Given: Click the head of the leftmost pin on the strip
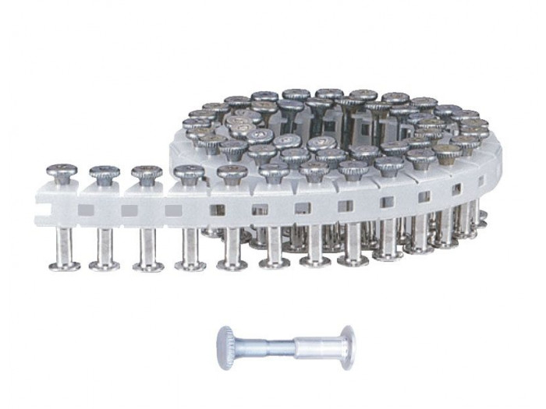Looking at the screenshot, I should (61, 171).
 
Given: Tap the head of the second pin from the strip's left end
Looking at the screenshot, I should (103, 173).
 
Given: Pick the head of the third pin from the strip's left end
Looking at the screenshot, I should (146, 173).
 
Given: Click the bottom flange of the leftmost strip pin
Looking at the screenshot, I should (63, 266).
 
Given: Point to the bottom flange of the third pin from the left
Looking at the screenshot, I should (147, 266).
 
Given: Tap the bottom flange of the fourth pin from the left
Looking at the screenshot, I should (190, 266).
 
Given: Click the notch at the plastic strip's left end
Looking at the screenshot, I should (41, 208).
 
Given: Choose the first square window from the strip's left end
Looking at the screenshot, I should (85, 209).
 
